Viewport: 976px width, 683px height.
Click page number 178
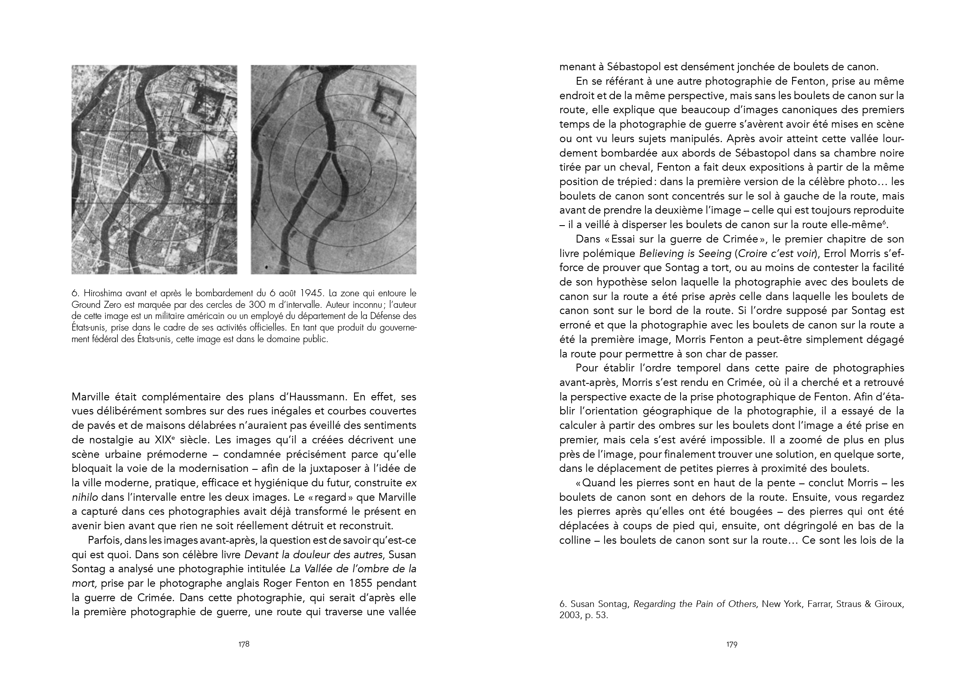pos(243,644)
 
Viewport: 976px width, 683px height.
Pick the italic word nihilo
pos(85,497)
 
